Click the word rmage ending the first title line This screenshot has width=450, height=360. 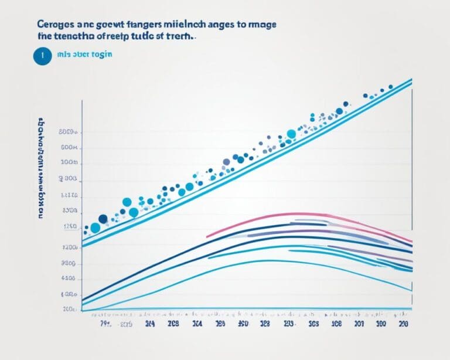(x=261, y=26)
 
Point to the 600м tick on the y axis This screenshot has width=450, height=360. (x=69, y=148)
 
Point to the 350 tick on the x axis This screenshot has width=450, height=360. (x=243, y=322)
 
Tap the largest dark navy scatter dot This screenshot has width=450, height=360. (x=103, y=219)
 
